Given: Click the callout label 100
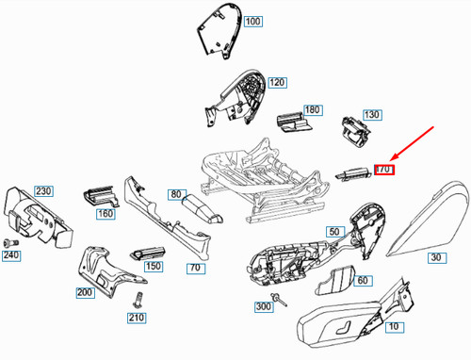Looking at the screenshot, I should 252,21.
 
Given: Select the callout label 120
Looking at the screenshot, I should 276,83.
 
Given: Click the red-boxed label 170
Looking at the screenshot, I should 383,170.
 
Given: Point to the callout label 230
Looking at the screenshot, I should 44,191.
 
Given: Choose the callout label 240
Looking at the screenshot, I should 11,254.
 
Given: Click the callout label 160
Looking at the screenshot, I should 105,214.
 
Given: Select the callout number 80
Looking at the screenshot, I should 176,195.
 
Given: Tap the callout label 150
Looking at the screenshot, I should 154,267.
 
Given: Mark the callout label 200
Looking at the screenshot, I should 85,293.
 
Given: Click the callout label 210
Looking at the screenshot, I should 138,317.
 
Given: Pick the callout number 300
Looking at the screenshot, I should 263,307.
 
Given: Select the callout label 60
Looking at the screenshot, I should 365,281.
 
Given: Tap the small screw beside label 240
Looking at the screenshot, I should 11,242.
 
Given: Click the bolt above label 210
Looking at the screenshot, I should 137,301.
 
